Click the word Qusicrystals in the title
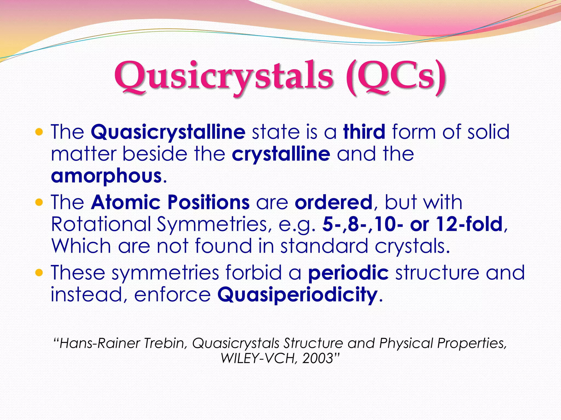point(223,75)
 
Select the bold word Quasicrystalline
point(168,132)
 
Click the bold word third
point(364,132)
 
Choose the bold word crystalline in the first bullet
point(281,154)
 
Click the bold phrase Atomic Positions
point(170,202)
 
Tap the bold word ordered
point(334,202)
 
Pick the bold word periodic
point(348,273)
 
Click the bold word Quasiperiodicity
point(297,295)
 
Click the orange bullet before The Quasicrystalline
point(39,133)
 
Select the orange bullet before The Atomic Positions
point(39,203)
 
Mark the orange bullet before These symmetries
point(39,273)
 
